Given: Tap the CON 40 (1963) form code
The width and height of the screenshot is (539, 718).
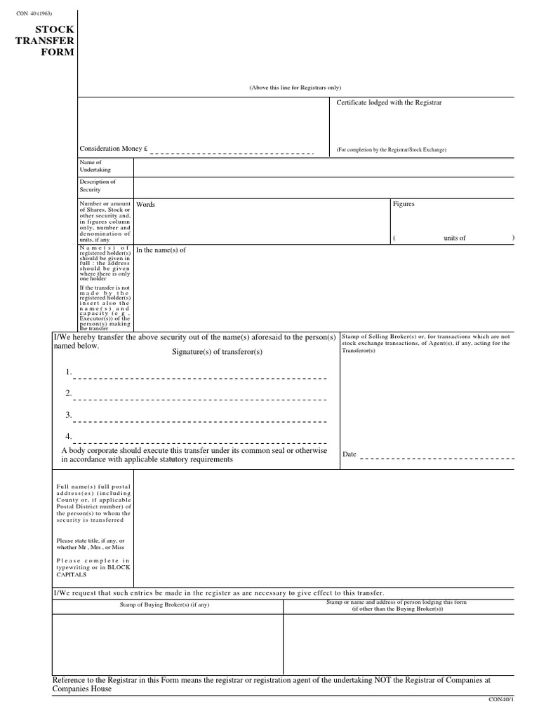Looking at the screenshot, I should pos(34,14).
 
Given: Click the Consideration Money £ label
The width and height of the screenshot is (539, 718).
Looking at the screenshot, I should pos(114,149).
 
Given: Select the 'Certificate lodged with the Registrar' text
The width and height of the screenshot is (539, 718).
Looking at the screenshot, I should pos(389,102).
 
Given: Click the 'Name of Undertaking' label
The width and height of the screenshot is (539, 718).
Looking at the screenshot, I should pos(95,166).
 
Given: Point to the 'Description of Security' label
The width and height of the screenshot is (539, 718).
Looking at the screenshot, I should pos(98,186).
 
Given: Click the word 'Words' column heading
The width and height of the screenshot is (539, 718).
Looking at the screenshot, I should pos(145,205).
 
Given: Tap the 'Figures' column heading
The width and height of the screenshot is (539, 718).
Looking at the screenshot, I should pos(404,204).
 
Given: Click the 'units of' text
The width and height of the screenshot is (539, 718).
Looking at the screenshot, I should pos(454,238).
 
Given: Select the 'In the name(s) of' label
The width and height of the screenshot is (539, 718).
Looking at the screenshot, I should pos(161,250).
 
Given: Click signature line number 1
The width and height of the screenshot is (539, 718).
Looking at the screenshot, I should pos(200,377).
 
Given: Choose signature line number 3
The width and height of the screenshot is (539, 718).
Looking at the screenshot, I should pos(200,421).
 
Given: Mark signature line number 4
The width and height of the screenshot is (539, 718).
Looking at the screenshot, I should pos(200,442).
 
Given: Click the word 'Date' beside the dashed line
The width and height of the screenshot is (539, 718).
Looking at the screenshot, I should pos(350,454).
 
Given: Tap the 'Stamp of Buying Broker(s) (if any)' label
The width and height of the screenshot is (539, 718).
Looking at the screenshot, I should pos(168,604).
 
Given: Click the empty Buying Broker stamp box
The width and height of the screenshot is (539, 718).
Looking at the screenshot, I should pos(168,642).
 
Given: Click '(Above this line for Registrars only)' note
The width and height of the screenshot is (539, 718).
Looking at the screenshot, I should pos(295,87).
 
